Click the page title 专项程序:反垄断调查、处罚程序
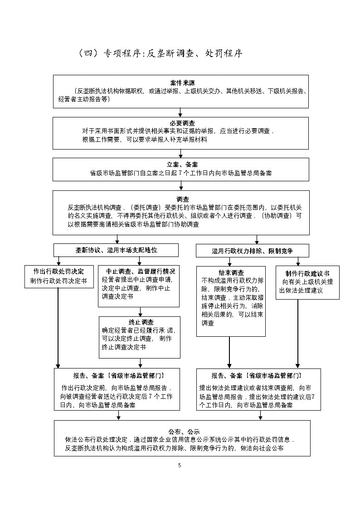161,53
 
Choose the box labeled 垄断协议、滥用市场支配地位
116,250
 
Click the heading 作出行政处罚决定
58,271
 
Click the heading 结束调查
231,272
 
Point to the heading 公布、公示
182,431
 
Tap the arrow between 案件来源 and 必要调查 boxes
180,112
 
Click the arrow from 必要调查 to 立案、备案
180,153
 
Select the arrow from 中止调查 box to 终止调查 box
141,311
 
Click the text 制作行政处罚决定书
58,281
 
